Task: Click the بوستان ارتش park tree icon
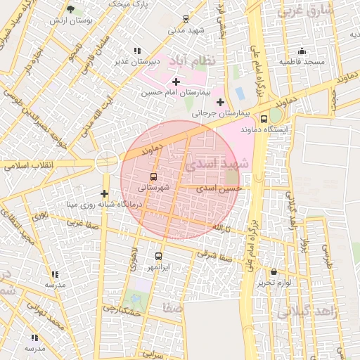point(70,9)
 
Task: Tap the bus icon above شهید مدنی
point(186,19)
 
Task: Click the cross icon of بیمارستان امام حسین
point(176,82)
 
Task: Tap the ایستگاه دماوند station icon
point(264,119)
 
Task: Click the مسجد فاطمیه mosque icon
point(302,51)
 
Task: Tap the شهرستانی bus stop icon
point(154,176)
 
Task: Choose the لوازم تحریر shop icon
point(274,271)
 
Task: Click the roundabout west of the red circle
point(107,161)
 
